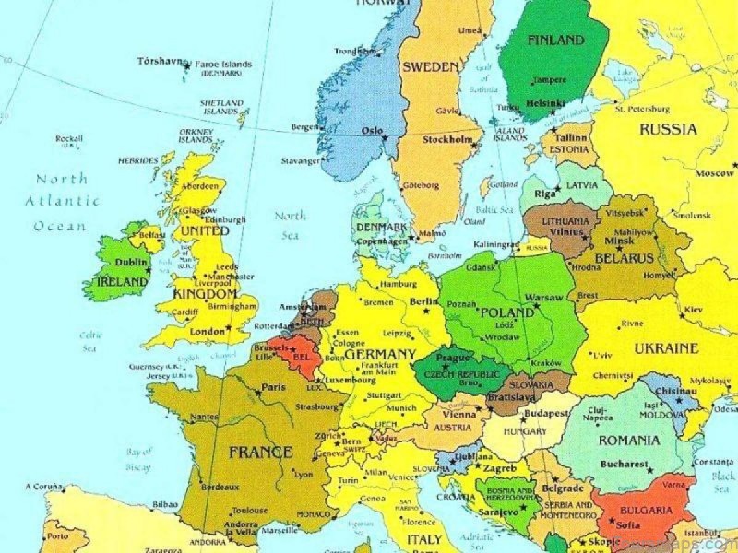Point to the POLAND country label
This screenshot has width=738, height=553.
[x=507, y=313]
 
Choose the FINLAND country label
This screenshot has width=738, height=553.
[x=555, y=41]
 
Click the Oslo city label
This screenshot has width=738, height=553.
[x=372, y=131]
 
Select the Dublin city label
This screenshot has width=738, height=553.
[x=132, y=262]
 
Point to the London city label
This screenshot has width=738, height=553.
[x=206, y=331]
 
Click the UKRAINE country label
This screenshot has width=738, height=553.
[x=665, y=348]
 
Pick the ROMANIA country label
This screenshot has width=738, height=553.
[x=629, y=441]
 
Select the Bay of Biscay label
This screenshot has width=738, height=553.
[x=138, y=459]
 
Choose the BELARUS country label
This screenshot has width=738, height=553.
[x=624, y=258]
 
